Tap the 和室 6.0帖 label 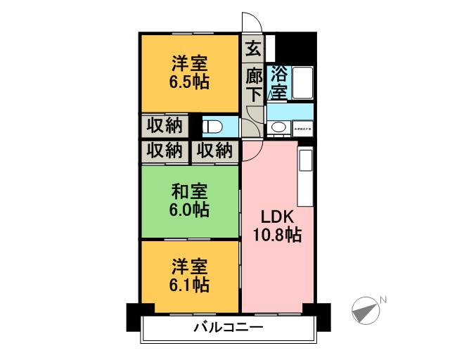[x=189, y=200]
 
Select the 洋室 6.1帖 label [x=189, y=275]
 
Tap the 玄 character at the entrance [x=253, y=49]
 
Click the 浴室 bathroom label [x=279, y=82]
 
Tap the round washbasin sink [x=278, y=127]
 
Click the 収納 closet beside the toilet [x=165, y=126]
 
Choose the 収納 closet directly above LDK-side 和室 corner [x=214, y=150]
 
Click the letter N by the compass [x=383, y=301]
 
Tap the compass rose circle [x=364, y=310]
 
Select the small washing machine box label [x=304, y=129]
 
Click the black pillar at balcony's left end [x=134, y=316]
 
